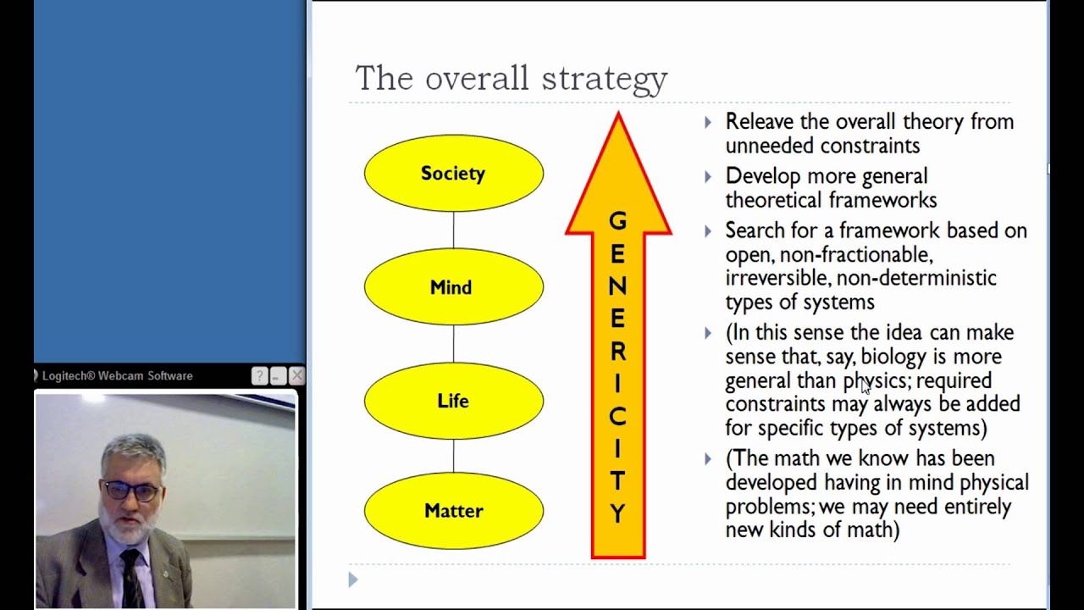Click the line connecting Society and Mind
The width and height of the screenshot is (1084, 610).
[453, 230]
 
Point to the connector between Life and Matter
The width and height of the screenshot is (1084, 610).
[453, 457]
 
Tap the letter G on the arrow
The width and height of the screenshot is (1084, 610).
[617, 222]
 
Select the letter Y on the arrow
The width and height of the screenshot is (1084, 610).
[617, 513]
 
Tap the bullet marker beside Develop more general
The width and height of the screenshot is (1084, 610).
[708, 176]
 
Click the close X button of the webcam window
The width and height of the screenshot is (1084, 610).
[296, 375]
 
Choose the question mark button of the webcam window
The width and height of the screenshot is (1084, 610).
[260, 375]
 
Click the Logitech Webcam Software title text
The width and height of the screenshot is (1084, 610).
[117, 375]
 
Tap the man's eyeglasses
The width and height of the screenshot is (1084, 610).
[132, 491]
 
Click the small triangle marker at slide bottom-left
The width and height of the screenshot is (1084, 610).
[353, 579]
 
